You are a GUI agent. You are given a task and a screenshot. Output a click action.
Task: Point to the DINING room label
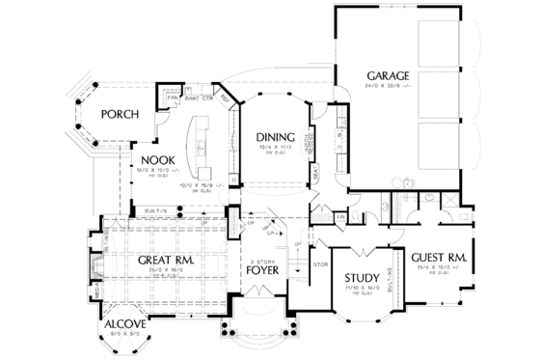[x=274, y=137]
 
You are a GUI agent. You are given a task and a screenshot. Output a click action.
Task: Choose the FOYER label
[x=263, y=271]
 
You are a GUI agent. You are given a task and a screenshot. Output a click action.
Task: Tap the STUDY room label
[x=360, y=281]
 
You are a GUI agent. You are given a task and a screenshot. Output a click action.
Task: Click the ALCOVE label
[x=124, y=322]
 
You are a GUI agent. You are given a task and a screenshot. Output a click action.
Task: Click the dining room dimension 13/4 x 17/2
[x=274, y=149]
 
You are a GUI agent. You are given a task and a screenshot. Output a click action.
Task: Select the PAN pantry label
[x=174, y=97]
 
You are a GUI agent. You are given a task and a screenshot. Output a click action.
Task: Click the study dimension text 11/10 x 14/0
[x=360, y=292]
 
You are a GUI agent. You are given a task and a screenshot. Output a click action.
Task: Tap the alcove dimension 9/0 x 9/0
[x=125, y=333]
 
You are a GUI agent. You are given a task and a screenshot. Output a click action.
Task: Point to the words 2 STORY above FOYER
[x=263, y=261]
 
